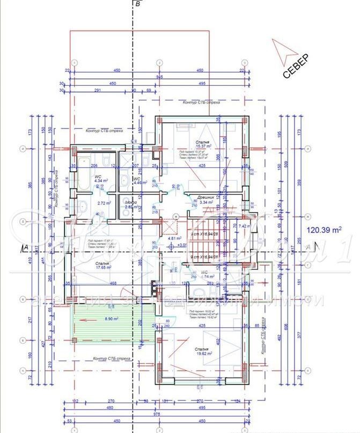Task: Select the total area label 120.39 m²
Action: [324, 230]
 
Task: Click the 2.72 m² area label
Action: [104, 203]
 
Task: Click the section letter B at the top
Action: [138, 4]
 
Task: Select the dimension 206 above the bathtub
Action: [93, 166]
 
